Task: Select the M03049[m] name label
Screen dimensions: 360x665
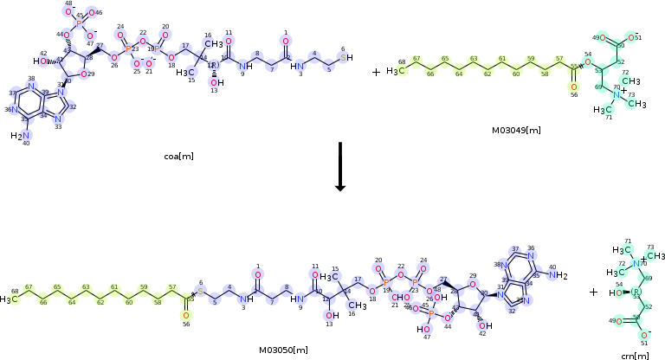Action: click(516, 130)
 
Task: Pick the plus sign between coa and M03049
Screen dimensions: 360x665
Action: click(376, 72)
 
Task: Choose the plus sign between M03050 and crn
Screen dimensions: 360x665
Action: click(593, 292)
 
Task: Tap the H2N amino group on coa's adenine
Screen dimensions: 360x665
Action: click(19, 136)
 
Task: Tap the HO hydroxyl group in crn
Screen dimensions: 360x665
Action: click(611, 292)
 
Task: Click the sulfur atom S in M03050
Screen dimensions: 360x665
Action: click(200, 292)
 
